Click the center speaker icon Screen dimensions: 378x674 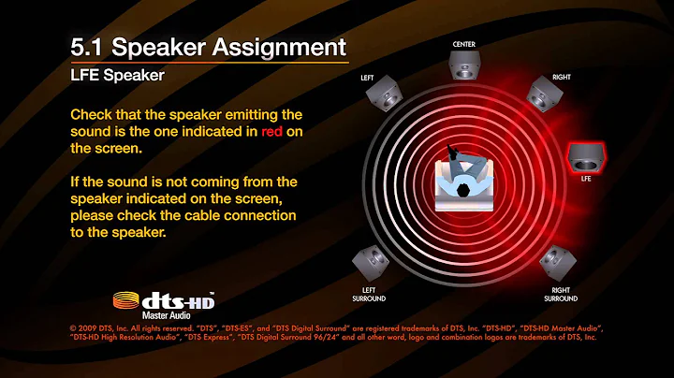pyautogui.click(x=465, y=66)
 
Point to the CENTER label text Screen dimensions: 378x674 pyautogui.click(x=465, y=44)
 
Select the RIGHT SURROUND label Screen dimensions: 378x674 pyautogui.click(x=561, y=294)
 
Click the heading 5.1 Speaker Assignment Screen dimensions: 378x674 pyautogui.click(x=209, y=47)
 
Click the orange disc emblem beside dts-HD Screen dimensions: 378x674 pyautogui.click(x=127, y=301)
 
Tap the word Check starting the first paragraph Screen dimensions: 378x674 pyautogui.click(x=94, y=114)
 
